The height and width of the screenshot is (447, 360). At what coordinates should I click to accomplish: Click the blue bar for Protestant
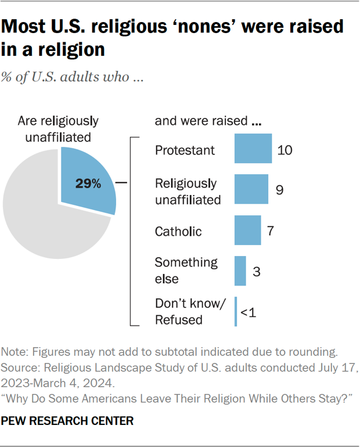pyautogui.click(x=253, y=149)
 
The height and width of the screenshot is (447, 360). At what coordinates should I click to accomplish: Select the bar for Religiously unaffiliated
pyautogui.click(x=251, y=189)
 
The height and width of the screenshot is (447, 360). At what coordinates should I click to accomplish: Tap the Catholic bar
pyautogui.click(x=248, y=230)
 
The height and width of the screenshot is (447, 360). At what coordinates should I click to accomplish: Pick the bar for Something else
pyautogui.click(x=240, y=271)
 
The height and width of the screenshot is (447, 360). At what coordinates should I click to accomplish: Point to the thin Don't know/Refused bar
pyautogui.click(x=236, y=312)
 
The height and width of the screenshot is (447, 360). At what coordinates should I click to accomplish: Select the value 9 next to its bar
pyautogui.click(x=279, y=190)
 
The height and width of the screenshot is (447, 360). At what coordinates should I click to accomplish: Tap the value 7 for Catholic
pyautogui.click(x=270, y=230)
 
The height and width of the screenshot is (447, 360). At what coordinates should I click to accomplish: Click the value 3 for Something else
pyautogui.click(x=255, y=271)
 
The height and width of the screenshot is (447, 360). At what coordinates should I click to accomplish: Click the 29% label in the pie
pyautogui.click(x=88, y=184)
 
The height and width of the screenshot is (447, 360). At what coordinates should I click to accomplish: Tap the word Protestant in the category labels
pyautogui.click(x=185, y=150)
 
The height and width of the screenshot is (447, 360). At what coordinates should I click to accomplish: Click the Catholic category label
pyautogui.click(x=178, y=232)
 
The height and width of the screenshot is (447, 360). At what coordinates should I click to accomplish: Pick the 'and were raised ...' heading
pyautogui.click(x=208, y=121)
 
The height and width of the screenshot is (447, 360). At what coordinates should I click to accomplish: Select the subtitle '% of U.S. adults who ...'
pyautogui.click(x=73, y=78)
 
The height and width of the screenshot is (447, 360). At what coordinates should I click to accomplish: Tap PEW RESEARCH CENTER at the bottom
pyautogui.click(x=67, y=419)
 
